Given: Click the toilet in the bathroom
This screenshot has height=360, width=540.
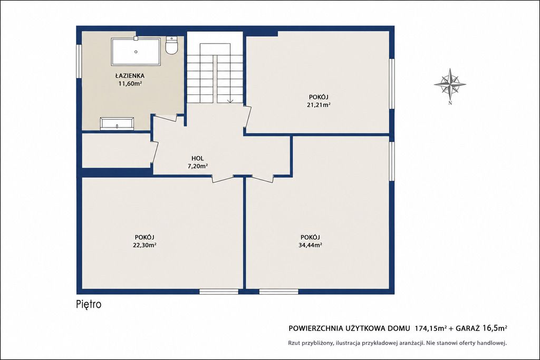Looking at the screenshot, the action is pyautogui.click(x=171, y=45).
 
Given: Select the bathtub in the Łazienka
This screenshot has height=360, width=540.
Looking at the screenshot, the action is pyautogui.click(x=136, y=52).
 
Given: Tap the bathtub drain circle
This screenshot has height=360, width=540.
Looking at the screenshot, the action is pyautogui.click(x=136, y=52).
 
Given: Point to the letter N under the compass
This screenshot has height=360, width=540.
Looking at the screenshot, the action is pyautogui.click(x=450, y=102).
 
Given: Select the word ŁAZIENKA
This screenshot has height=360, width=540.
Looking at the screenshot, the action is pyautogui.click(x=130, y=76).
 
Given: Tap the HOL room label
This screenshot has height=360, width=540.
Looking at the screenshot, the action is pyautogui.click(x=198, y=158).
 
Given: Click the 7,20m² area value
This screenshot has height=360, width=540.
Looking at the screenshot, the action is pyautogui.click(x=197, y=166).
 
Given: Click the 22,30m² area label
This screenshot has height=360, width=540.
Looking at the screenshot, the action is pyautogui.click(x=144, y=245).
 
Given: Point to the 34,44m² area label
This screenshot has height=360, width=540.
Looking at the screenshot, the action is pyautogui.click(x=310, y=245).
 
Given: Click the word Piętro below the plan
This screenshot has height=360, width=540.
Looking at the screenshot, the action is pyautogui.click(x=89, y=305).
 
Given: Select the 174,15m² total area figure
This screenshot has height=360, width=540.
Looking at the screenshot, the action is pyautogui.click(x=431, y=328).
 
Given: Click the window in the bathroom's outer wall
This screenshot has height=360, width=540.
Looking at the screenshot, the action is pyautogui.click(x=79, y=62).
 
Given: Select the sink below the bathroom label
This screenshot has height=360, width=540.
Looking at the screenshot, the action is pyautogui.click(x=117, y=123).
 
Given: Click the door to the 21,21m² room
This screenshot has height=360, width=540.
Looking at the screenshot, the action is pyautogui.click(x=247, y=117).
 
